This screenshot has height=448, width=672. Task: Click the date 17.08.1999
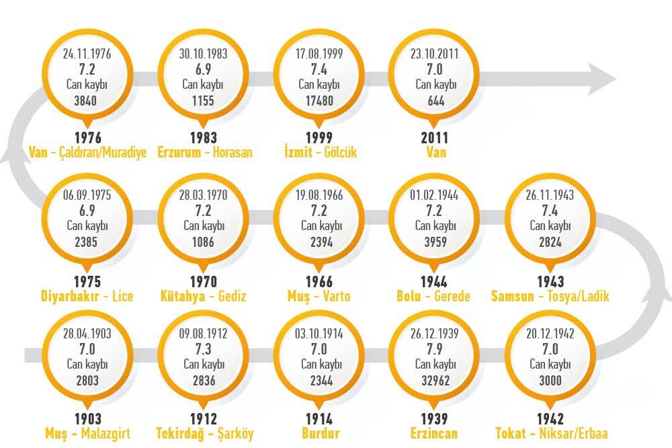319,54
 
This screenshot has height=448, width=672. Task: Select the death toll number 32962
435,380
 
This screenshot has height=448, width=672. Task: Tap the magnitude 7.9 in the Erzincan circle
435,349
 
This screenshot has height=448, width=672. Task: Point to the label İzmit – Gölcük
320,152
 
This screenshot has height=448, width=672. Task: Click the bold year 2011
435,138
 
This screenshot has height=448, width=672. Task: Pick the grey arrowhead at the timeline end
601,79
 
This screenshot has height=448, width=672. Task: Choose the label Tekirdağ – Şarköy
204,433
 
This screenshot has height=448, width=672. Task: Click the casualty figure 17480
319,101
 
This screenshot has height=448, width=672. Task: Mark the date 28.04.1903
87,334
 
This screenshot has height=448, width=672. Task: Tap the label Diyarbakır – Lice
87,296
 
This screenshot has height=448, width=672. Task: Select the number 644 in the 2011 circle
436,102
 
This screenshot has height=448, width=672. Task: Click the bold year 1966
319,282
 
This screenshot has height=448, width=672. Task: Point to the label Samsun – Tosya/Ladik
550,296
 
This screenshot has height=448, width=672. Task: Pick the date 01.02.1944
434,195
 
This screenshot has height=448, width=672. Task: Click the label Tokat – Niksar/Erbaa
552,433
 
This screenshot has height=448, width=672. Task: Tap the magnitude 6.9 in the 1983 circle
203,69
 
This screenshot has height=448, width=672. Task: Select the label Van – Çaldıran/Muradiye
87,152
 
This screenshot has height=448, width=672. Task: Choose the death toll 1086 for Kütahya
203,242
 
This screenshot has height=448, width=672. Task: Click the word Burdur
320,433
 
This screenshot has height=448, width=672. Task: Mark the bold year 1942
550,419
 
